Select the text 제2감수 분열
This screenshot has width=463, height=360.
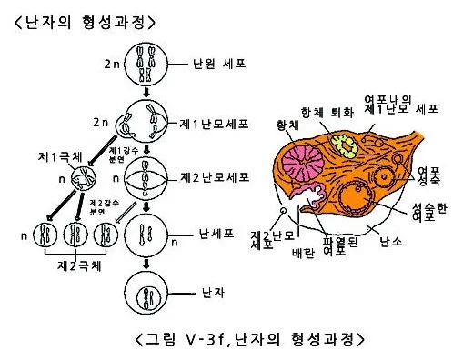point(99,206)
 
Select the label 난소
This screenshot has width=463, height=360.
point(390,240)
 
